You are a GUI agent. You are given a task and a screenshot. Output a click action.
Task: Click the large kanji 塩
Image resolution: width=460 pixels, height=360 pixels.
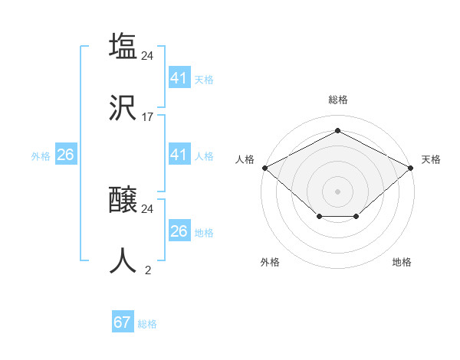[123, 46]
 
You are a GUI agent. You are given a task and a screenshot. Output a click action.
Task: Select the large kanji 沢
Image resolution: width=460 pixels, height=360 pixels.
[123, 107]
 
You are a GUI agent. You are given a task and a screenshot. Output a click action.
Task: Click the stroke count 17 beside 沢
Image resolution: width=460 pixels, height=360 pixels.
[148, 116]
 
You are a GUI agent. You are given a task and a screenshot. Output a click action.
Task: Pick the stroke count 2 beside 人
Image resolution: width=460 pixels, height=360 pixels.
[148, 270]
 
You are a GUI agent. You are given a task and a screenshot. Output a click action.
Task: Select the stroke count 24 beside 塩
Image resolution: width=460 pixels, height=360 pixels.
[148, 55]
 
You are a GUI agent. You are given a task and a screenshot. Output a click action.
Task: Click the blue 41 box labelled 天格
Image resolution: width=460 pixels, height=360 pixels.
[179, 77]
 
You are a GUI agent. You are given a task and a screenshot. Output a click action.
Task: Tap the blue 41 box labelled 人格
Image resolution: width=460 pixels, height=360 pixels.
[179, 155]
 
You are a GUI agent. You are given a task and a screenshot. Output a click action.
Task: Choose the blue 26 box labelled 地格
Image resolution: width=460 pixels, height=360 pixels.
[179, 231]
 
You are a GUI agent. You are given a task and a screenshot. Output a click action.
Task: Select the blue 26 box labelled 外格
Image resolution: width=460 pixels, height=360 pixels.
[65, 155]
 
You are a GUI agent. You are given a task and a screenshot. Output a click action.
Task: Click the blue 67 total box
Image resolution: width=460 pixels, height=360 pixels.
[123, 322]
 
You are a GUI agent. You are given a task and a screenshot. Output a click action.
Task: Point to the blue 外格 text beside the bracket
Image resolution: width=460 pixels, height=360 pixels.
[41, 155]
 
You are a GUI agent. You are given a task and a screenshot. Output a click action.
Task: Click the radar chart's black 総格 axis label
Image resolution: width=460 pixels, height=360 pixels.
[337, 100]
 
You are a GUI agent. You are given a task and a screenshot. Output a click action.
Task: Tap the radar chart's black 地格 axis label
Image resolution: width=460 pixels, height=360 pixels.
[402, 262]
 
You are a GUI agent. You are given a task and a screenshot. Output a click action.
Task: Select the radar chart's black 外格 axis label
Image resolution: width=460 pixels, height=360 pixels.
[270, 262]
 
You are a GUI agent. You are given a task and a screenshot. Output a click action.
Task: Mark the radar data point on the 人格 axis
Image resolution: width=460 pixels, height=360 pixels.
[264, 168]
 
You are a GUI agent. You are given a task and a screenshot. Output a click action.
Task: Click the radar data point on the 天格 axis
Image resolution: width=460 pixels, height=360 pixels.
[412, 168]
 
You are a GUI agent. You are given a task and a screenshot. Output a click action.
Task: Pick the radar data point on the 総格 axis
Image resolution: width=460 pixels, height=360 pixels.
[337, 131]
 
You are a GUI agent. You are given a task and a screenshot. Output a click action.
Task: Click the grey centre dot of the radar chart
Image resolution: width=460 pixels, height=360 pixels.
[337, 191]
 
